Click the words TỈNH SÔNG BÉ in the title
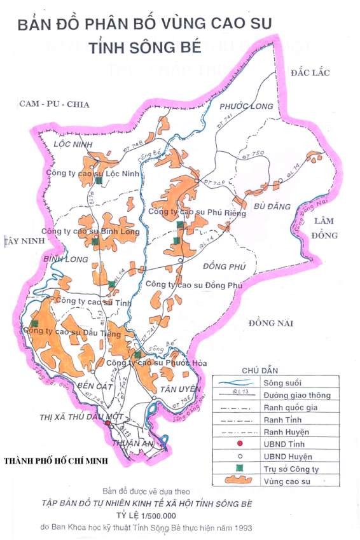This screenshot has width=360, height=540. click(x=145, y=48)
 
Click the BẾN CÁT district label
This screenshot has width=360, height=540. click(x=93, y=386)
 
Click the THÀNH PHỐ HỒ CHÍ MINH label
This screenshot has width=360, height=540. click(x=54, y=460)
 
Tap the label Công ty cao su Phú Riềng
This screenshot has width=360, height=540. click(x=187, y=211)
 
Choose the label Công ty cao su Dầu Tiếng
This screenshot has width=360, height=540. click(x=67, y=331)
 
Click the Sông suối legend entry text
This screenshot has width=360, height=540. click(x=281, y=383)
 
